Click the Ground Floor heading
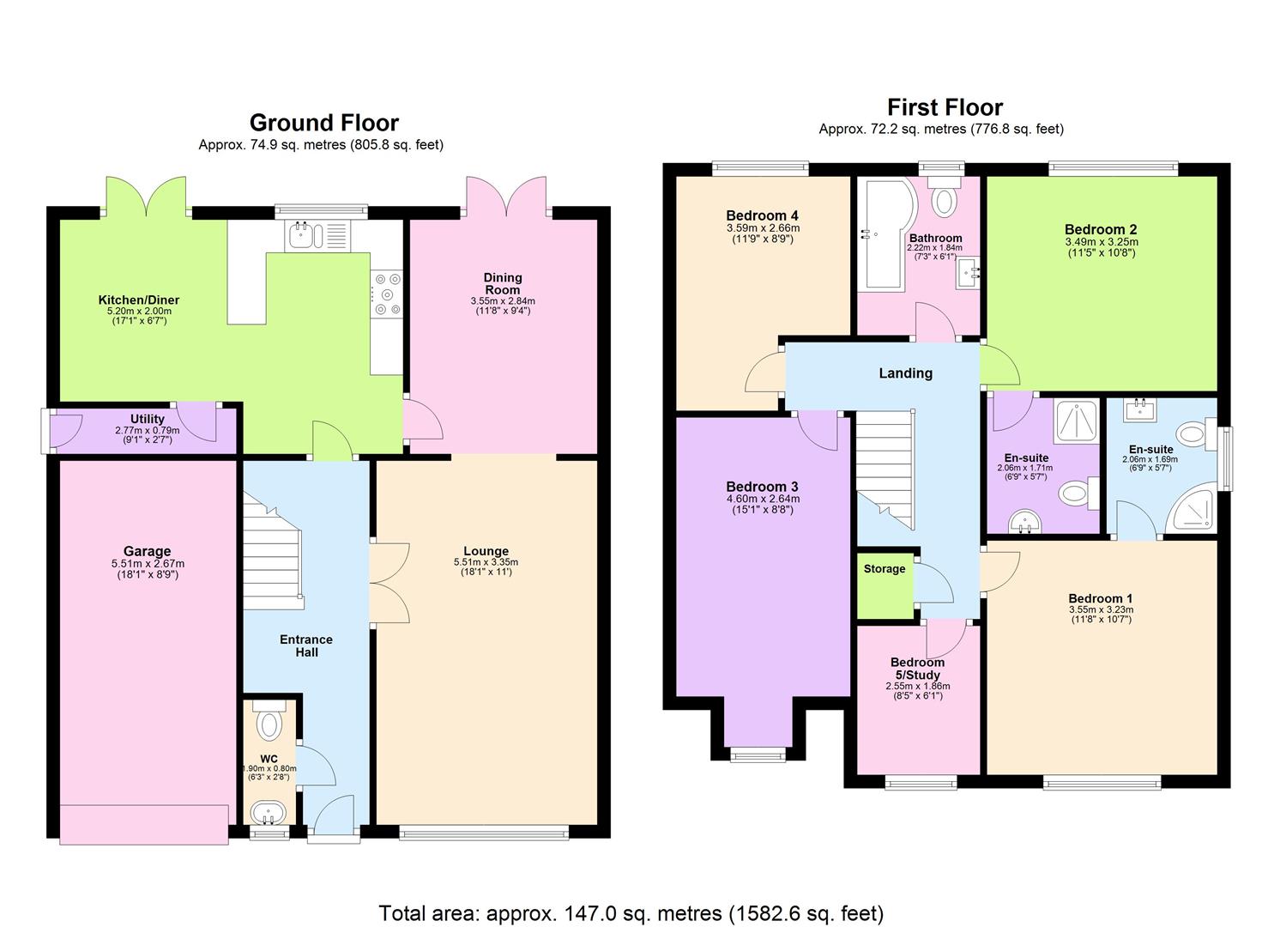pos(323,123)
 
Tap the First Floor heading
pos(945,107)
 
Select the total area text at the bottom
pos(631,912)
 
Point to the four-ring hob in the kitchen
pos(386,294)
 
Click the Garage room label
pos(147,551)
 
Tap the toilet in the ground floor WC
pos(269,723)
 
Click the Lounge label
pos(486,551)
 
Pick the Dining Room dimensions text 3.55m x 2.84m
pos(502,301)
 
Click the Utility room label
pos(147,419)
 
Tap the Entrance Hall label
pos(306,645)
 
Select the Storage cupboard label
pos(885,569)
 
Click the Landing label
pos(905,373)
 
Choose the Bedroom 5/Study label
pos(917,668)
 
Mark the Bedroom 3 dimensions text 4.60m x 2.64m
pos(763,499)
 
